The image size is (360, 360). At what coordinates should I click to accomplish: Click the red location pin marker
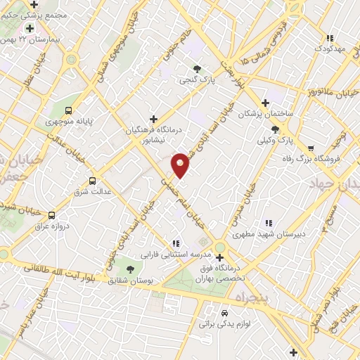tap(181, 165)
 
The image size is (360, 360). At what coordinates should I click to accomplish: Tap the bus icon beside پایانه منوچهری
tap(68, 110)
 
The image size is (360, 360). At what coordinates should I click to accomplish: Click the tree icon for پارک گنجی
tap(197, 69)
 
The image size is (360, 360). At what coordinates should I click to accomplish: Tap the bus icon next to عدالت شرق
tap(92, 181)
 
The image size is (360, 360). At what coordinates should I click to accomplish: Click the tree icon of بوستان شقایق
tap(129, 269)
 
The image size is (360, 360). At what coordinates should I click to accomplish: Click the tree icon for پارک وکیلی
tap(275, 129)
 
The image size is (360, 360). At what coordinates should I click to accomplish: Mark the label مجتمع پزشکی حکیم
tap(34, 14)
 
